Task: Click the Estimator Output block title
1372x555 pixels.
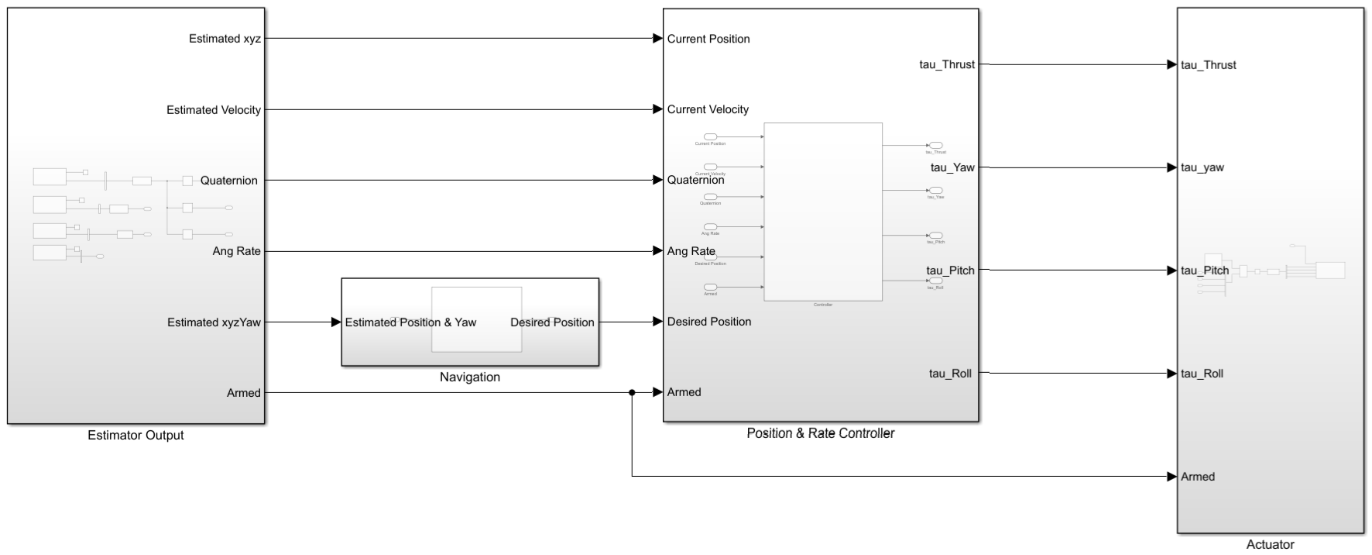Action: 135,436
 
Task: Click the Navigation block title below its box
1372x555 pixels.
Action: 470,377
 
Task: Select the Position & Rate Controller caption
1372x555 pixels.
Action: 820,433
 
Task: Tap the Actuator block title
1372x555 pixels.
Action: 1270,545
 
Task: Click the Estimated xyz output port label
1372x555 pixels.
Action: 225,39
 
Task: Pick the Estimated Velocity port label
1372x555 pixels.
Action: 214,110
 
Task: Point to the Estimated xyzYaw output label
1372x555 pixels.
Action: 214,322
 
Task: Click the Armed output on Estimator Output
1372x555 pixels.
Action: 243,393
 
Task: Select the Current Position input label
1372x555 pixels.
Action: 708,39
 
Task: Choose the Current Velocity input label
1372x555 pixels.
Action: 708,109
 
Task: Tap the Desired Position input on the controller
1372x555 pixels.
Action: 709,322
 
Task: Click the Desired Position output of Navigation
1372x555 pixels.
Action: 552,322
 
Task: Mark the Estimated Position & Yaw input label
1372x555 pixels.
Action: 410,322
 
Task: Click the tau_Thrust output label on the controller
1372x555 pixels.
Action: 947,64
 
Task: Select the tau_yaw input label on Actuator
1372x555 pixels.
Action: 1202,167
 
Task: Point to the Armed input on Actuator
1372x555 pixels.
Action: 1198,477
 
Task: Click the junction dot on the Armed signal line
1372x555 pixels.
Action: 632,393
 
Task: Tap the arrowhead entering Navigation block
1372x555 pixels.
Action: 337,322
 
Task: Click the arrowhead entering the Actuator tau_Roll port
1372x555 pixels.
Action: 1172,374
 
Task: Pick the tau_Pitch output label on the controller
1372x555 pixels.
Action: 950,271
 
